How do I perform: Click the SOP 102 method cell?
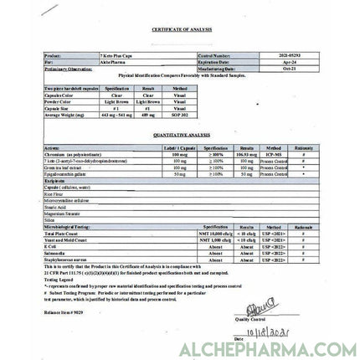pos(180,113)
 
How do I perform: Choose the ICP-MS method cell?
pos(274,154)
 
